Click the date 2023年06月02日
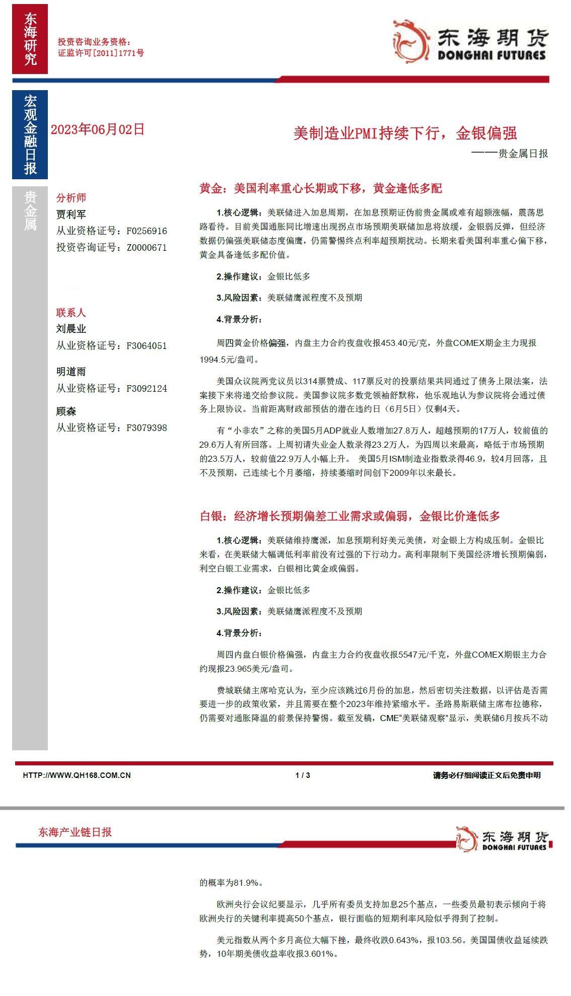coord(98,129)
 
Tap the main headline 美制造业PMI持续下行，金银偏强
coord(405,133)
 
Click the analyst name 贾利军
coord(71,214)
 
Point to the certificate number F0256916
coord(147,231)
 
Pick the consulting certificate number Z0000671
coord(147,248)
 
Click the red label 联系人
coord(71,313)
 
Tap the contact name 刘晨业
coord(71,329)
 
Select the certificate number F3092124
coord(147,389)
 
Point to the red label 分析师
coord(71,198)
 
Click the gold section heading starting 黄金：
coord(321,189)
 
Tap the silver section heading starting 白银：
coord(350,516)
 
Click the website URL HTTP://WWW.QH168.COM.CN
coord(77,775)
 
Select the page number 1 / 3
coord(303,775)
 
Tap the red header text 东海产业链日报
coord(75,832)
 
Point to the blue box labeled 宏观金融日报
coord(30,134)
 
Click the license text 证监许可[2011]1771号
coord(101,53)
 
